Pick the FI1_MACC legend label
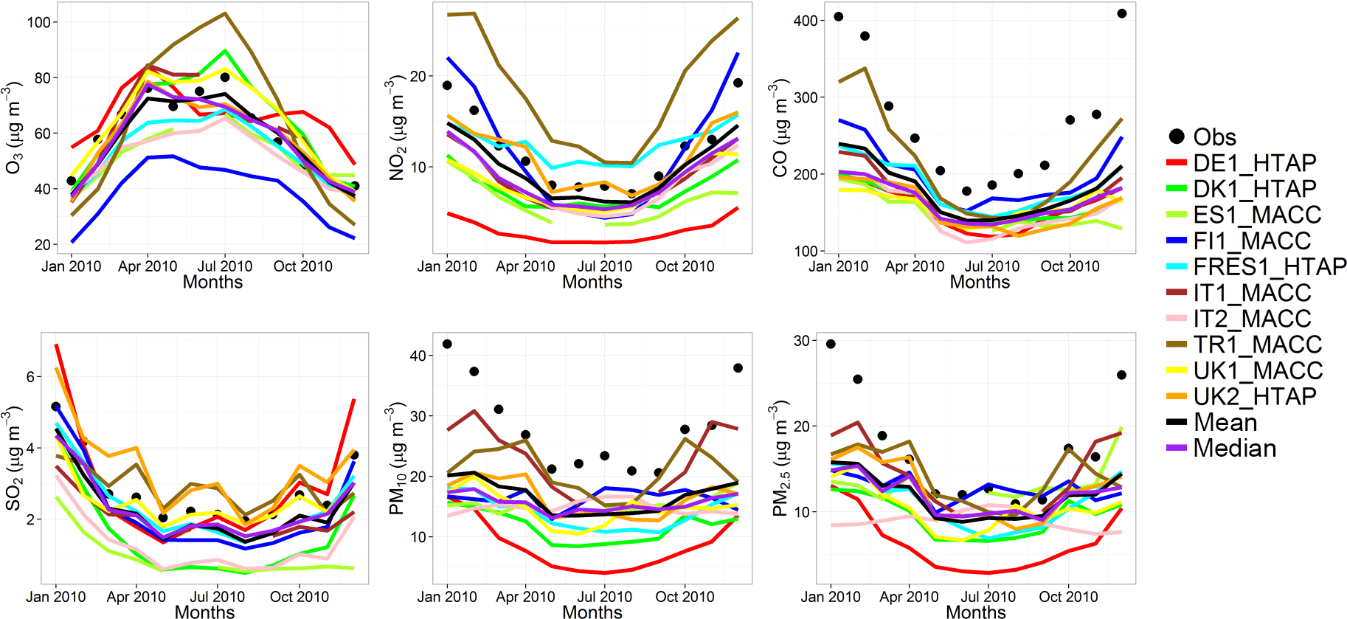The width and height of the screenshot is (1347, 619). [x=1251, y=241]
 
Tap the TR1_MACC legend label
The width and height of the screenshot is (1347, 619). [x=1257, y=345]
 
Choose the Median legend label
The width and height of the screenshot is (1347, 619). [x=1234, y=449]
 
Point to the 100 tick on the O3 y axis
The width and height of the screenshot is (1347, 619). [x=38, y=22]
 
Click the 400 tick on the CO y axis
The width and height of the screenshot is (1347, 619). [x=805, y=21]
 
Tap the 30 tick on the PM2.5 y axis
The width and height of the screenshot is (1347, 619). [x=801, y=341]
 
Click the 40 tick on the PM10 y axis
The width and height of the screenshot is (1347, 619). [x=418, y=356]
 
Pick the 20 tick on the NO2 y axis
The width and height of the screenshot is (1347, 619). [x=418, y=77]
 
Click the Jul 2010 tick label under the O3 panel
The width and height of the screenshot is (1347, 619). [x=225, y=266]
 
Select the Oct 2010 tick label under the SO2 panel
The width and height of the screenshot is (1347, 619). [x=299, y=597]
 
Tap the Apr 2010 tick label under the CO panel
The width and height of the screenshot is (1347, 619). [x=915, y=266]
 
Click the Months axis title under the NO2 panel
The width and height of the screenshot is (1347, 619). [x=592, y=282]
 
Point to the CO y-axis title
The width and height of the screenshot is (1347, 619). [x=780, y=128]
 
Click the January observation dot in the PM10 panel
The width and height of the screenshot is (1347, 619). [x=447, y=344]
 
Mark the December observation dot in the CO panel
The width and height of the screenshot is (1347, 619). [x=1122, y=13]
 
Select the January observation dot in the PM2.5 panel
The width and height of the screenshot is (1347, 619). [x=831, y=344]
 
